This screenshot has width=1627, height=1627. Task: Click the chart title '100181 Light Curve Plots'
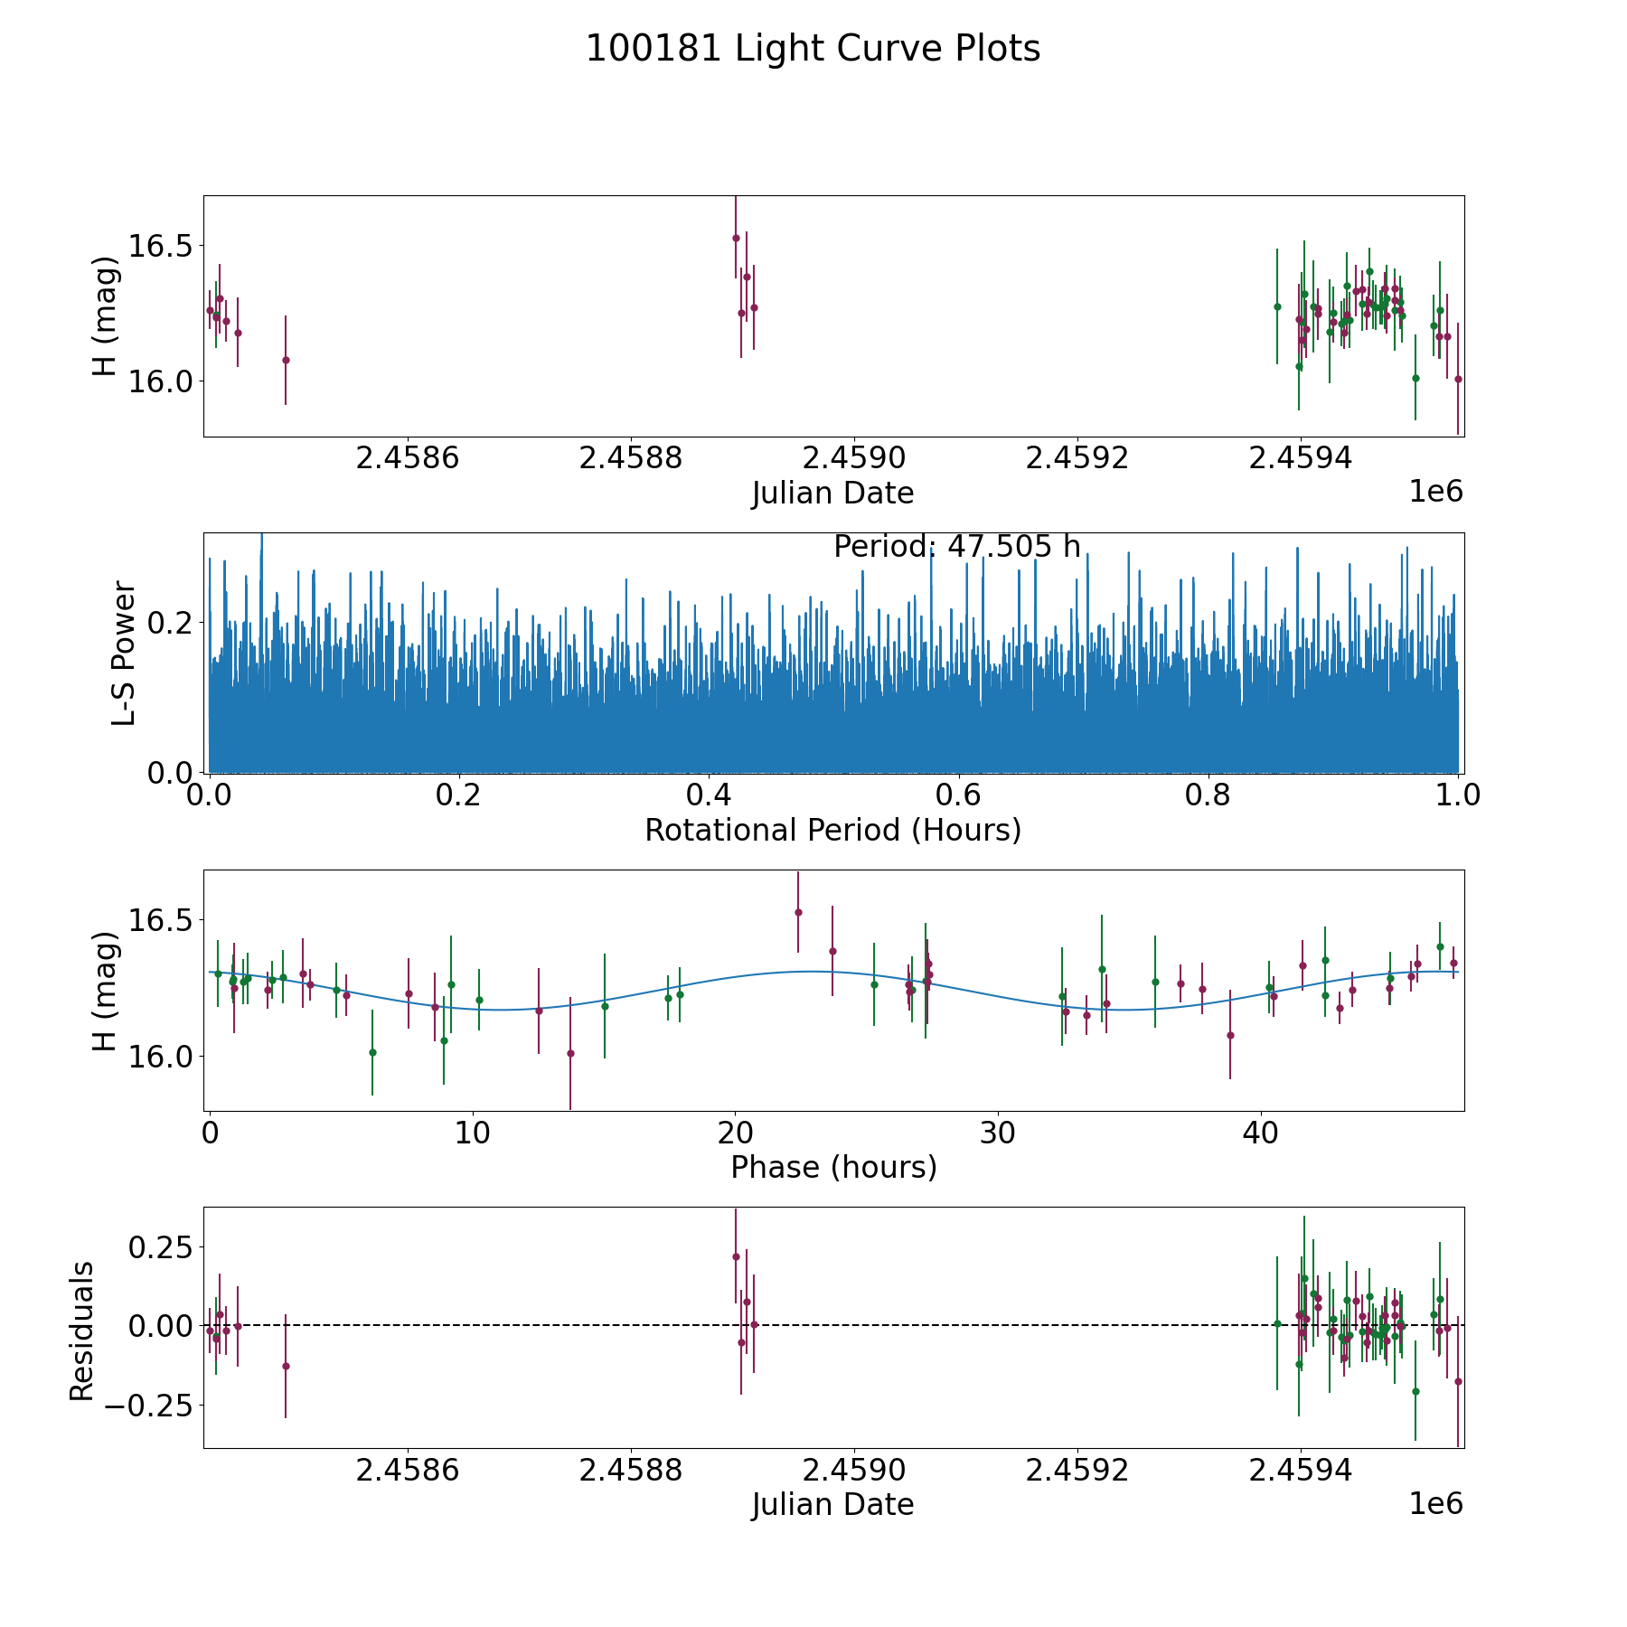point(813,49)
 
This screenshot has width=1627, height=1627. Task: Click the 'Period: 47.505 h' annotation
point(956,547)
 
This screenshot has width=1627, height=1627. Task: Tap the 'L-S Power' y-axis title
point(124,653)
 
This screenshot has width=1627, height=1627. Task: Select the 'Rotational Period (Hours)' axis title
point(832,830)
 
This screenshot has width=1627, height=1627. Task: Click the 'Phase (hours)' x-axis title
point(832,1168)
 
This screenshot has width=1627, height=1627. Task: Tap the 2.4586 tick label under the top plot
point(408,459)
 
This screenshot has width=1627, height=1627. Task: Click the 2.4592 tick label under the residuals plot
point(1077,1471)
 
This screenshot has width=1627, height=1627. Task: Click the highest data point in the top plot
point(736,238)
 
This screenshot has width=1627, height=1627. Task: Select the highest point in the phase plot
point(798,912)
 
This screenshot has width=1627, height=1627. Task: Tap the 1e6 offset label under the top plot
point(1435,492)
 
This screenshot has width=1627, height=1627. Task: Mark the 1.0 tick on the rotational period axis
point(1458,796)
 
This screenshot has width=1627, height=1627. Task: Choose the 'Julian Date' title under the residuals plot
point(832,1505)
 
